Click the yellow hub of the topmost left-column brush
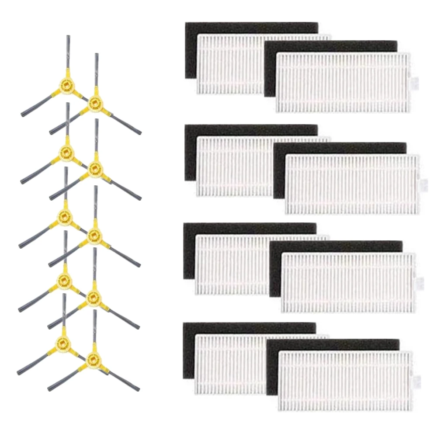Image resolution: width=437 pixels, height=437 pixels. (x=66, y=83)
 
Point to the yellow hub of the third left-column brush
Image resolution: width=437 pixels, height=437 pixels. (x=65, y=215)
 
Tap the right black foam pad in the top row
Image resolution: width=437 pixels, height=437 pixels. (x=332, y=45)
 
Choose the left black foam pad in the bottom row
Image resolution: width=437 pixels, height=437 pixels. (x=188, y=350)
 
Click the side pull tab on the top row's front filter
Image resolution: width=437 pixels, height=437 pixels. (x=415, y=82)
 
